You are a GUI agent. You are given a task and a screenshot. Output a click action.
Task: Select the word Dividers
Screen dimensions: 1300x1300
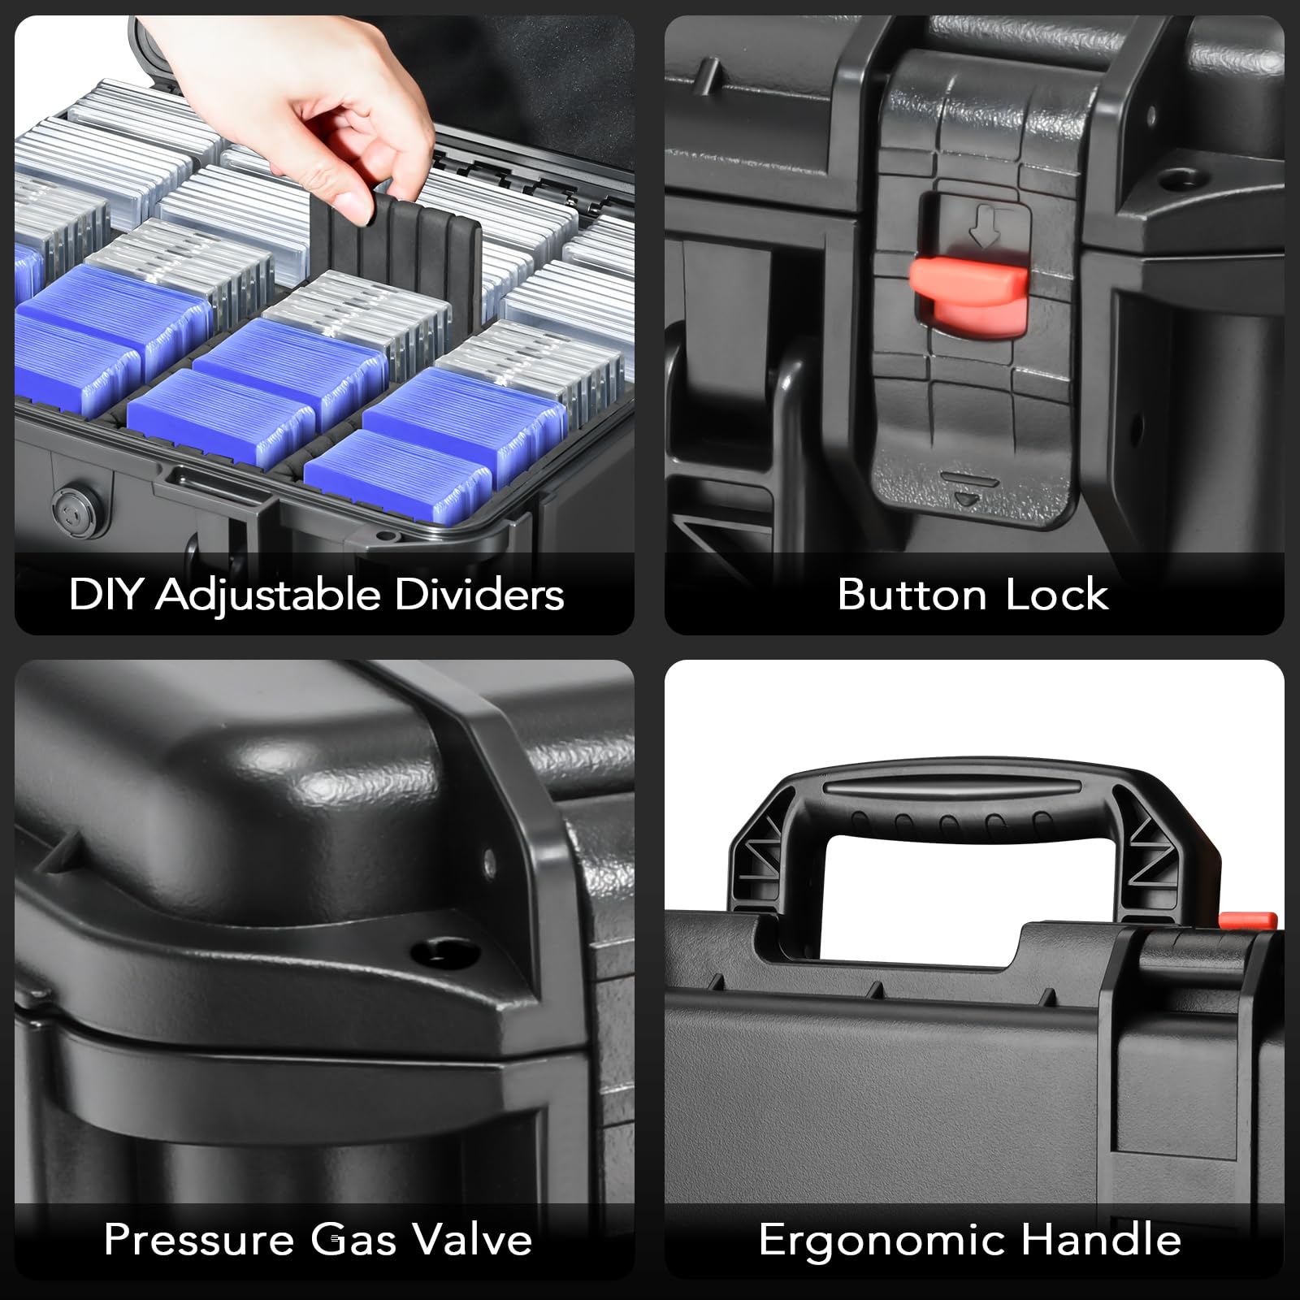[479, 594]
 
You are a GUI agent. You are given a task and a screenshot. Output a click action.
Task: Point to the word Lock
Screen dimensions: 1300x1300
[1057, 594]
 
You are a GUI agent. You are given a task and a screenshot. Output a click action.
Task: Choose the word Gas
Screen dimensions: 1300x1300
[353, 1240]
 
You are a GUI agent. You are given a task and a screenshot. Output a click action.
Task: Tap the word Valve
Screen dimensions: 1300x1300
[471, 1240]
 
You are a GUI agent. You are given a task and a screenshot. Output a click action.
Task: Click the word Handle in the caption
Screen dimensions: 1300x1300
[1101, 1240]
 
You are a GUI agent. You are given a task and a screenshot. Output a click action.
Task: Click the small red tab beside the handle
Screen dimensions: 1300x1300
[1247, 919]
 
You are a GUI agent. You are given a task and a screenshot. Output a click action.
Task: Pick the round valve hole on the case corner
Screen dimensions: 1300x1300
[436, 950]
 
